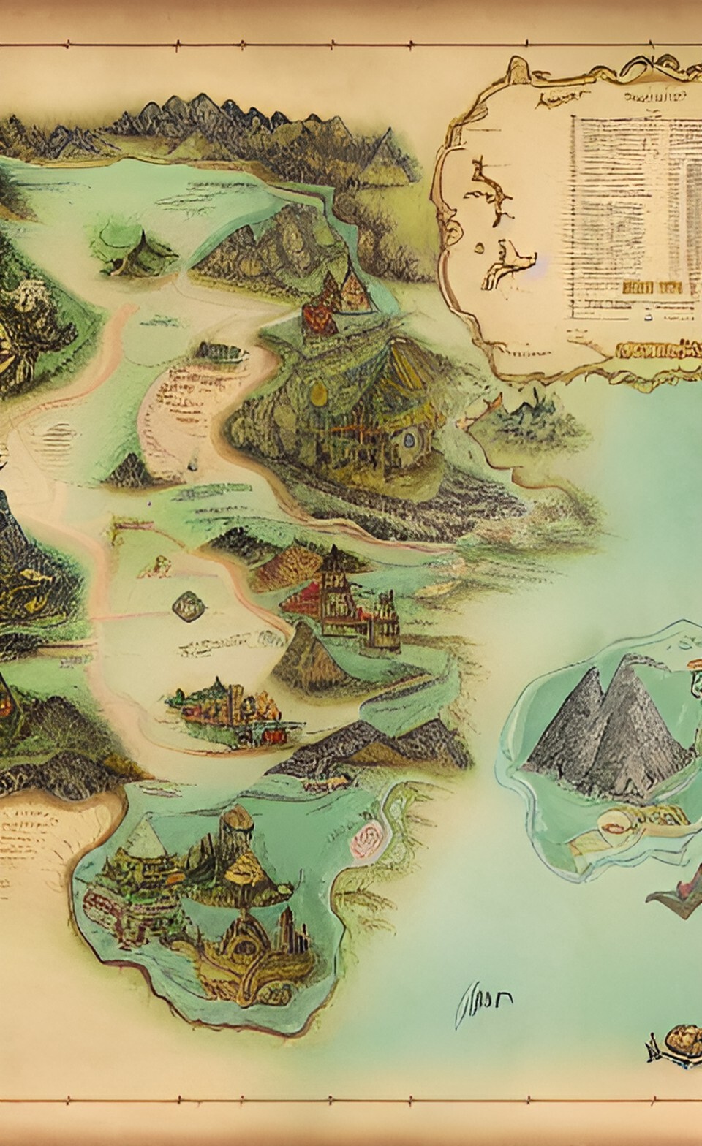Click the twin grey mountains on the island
[611, 731]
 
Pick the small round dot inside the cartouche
[479, 248]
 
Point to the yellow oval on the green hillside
[319, 394]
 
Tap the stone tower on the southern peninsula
[238, 833]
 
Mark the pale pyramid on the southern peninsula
[146, 840]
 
